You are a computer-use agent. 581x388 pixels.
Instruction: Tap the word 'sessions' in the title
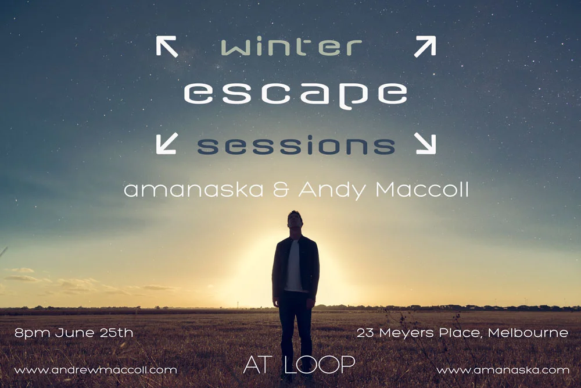pyautogui.click(x=296, y=146)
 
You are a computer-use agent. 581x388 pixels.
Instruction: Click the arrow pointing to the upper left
pyautogui.click(x=167, y=47)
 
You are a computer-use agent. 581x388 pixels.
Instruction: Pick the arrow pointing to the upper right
pyautogui.click(x=425, y=47)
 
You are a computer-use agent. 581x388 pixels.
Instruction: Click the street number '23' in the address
pyautogui.click(x=365, y=333)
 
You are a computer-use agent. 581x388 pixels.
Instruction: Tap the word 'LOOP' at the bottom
pyautogui.click(x=319, y=365)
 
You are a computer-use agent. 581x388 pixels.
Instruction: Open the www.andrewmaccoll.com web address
pyautogui.click(x=95, y=370)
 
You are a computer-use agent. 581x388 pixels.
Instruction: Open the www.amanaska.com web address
pyautogui.click(x=503, y=370)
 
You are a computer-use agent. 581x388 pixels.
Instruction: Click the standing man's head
pyautogui.click(x=295, y=222)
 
